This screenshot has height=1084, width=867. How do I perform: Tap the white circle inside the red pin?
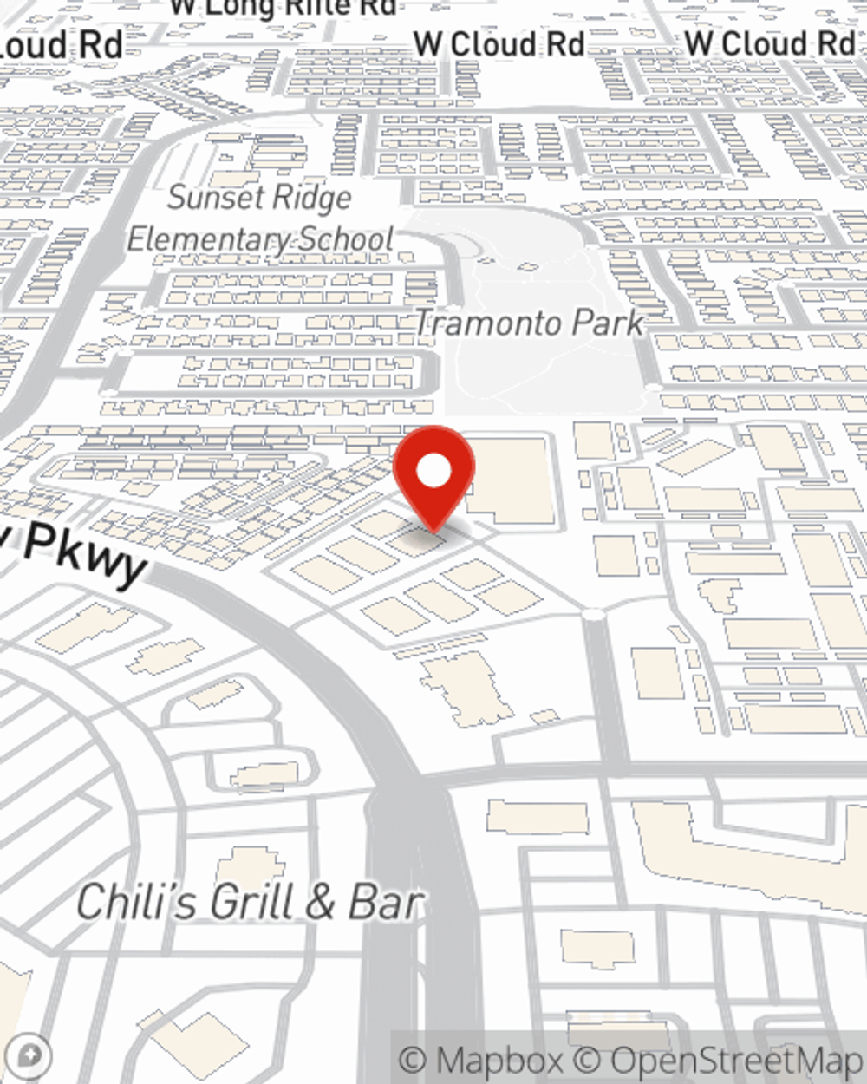pyautogui.click(x=433, y=472)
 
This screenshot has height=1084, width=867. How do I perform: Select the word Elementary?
pyautogui.click(x=208, y=239)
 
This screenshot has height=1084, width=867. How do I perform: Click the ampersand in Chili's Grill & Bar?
pyautogui.click(x=319, y=903)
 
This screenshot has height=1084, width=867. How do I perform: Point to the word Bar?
pyautogui.click(x=385, y=903)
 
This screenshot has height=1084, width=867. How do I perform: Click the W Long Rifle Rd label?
pyautogui.click(x=283, y=7)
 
